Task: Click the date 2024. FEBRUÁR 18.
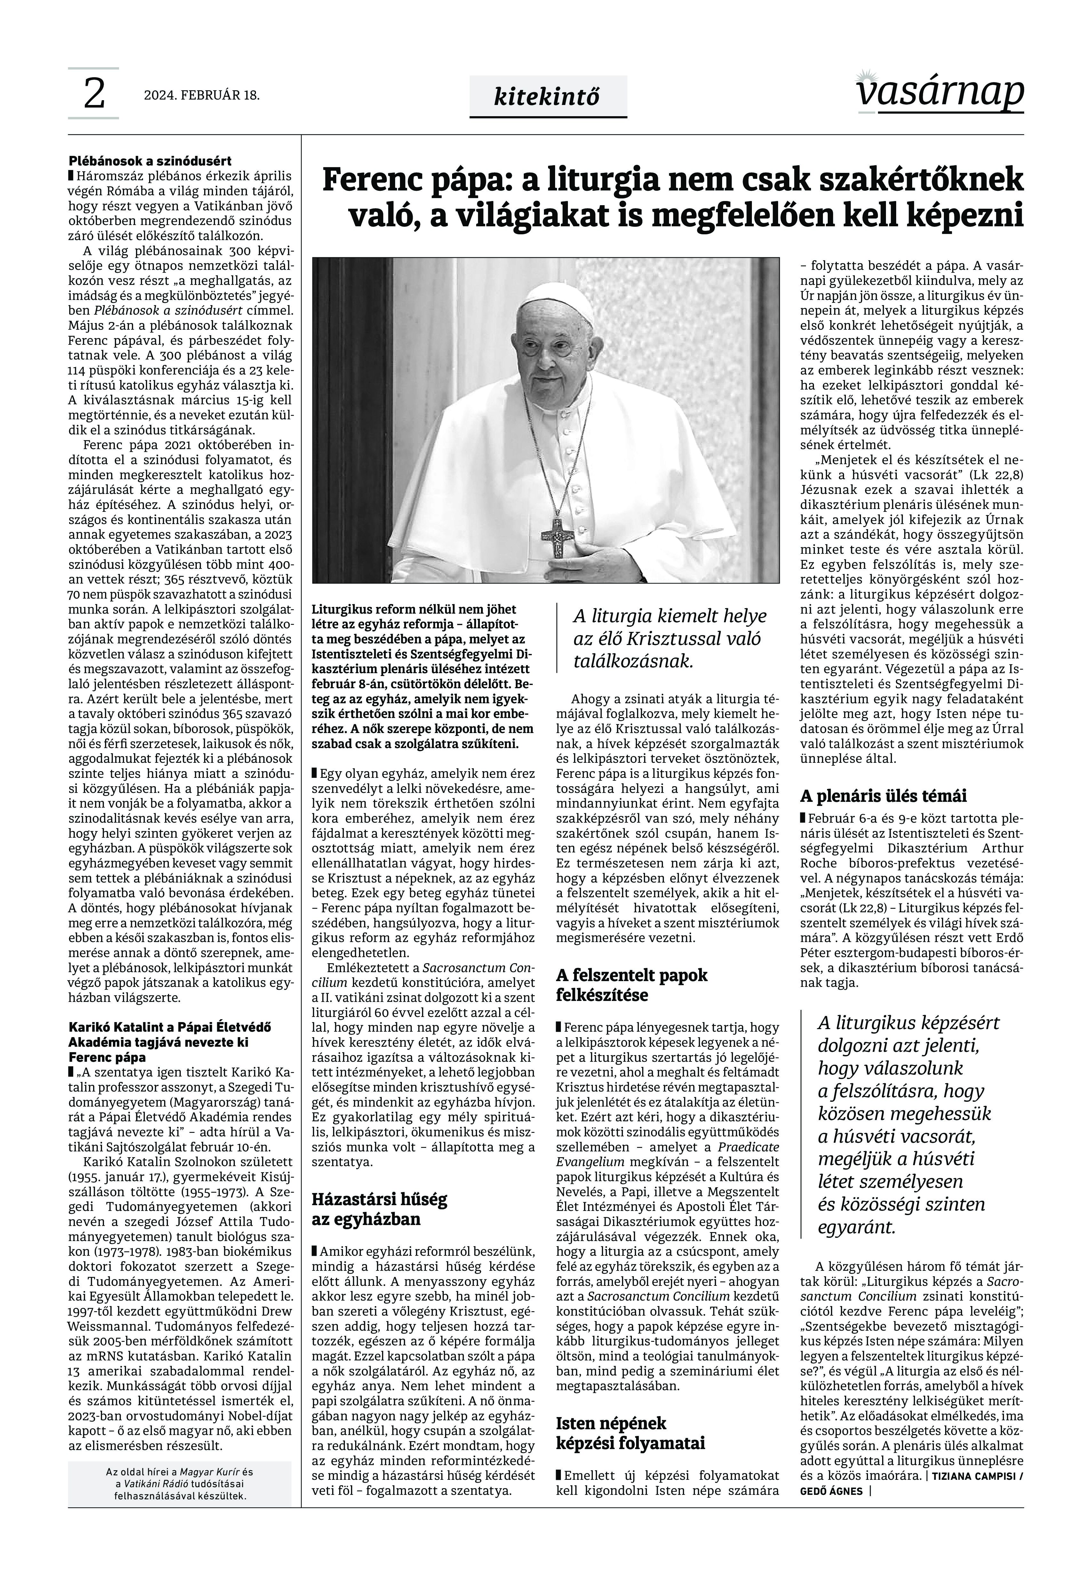coord(202,95)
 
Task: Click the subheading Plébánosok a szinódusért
coord(150,162)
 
